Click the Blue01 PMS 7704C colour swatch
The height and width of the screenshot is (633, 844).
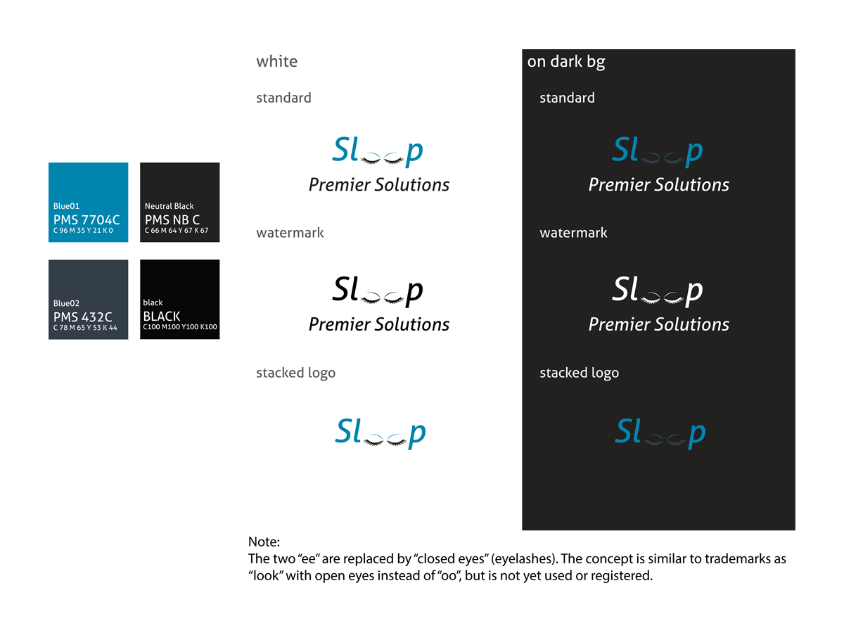pos(88,203)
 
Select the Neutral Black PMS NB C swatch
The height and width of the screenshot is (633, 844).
pos(179,203)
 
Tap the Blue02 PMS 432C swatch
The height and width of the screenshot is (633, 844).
pos(88,300)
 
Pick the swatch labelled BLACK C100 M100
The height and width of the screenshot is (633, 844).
pos(179,300)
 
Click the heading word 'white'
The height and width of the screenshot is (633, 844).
pos(276,62)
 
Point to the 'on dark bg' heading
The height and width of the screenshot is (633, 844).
pos(565,62)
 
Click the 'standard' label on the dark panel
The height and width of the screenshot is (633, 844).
pos(567,98)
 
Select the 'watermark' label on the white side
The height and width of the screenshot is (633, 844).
pos(290,233)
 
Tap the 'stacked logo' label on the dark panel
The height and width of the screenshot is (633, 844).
pos(579,373)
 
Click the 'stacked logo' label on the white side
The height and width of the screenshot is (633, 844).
pos(295,373)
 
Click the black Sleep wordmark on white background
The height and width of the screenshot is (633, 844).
pos(378,290)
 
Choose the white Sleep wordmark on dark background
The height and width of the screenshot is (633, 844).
pos(658,290)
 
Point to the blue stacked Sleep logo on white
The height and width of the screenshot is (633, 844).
pos(381,433)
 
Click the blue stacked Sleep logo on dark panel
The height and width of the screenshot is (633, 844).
pos(660,433)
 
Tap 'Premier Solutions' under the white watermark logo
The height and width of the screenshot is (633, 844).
pos(658,324)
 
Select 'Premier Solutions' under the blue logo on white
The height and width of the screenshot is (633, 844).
pos(378,185)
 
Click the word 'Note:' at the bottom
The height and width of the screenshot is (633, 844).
pos(264,542)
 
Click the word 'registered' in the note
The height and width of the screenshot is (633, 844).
pos(625,576)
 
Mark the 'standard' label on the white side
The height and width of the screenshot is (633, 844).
pos(283,98)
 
